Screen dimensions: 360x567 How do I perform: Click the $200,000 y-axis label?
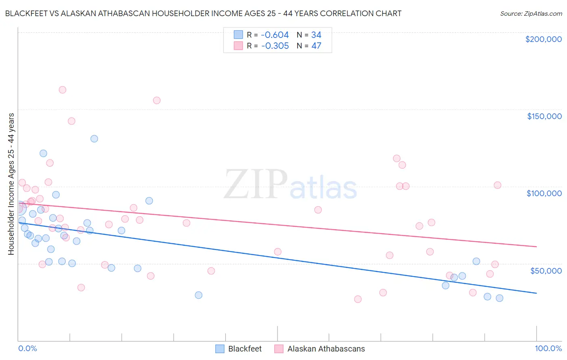(x=543, y=39)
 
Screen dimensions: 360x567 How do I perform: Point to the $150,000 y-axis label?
(x=544, y=116)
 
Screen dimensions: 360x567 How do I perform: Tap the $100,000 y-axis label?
(x=544, y=193)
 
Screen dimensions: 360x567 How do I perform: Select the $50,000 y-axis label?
(x=546, y=270)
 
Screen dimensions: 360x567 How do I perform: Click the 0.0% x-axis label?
(x=27, y=348)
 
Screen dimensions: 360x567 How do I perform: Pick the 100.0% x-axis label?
(x=548, y=348)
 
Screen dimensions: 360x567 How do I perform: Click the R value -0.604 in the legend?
(x=275, y=35)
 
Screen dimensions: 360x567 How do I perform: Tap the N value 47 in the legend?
(x=316, y=46)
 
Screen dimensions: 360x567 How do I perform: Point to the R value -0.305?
(x=275, y=46)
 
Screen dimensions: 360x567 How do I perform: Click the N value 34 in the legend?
(x=316, y=35)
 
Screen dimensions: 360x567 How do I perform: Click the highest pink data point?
(x=63, y=90)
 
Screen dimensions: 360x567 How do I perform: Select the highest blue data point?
(x=94, y=138)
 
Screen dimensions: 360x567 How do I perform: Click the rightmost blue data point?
(x=499, y=298)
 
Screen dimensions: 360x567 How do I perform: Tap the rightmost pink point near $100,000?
(x=497, y=185)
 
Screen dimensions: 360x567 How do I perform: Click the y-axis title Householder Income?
(x=11, y=184)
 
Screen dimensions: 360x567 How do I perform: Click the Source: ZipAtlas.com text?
(x=531, y=14)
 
